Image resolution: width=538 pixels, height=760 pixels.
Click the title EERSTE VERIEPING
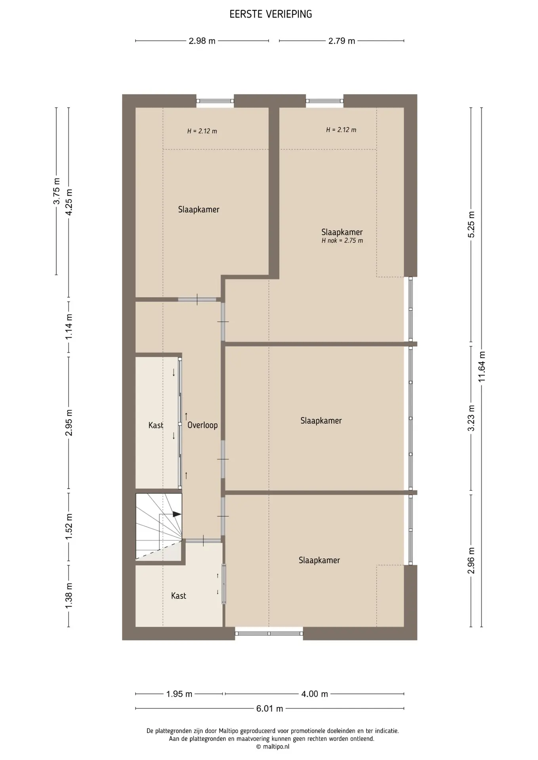[x=271, y=14]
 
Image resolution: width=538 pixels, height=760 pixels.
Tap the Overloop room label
[x=202, y=425]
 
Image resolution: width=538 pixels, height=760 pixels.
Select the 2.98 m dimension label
[x=202, y=41]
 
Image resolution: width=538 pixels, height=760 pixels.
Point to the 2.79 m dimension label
[x=341, y=41]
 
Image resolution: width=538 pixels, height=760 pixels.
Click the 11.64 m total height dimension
[x=482, y=367]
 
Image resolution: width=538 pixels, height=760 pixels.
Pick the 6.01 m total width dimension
[x=269, y=709]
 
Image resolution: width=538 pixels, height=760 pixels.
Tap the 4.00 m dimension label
[x=315, y=694]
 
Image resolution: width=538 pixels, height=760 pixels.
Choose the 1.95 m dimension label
[x=179, y=694]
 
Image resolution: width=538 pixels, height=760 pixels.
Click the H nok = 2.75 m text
[x=342, y=240]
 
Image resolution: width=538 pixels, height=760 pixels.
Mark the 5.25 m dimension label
[x=471, y=224]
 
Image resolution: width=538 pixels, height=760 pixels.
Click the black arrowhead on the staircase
[x=177, y=515]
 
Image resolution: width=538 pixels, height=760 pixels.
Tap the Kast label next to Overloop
[x=156, y=426]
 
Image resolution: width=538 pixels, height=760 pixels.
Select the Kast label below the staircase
[x=179, y=596]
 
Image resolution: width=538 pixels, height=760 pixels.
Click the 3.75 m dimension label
[x=57, y=191]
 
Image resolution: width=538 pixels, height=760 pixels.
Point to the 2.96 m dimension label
[x=471, y=560]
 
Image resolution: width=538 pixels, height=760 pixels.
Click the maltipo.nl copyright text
[x=273, y=747]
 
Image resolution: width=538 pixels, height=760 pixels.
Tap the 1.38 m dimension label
[x=69, y=596]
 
